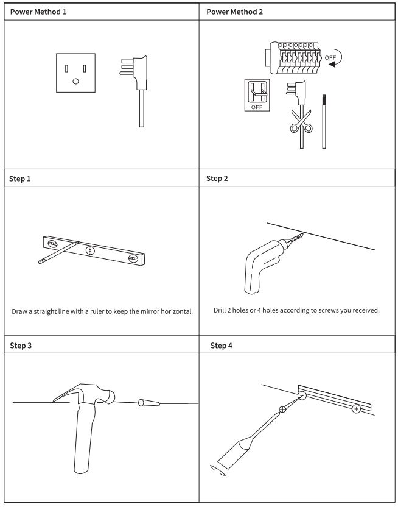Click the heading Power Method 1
click(38, 12)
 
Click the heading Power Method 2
click(234, 12)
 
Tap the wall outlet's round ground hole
click(75, 81)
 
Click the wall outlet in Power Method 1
click(75, 73)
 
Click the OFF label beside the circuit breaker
click(330, 57)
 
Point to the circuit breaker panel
click(293, 58)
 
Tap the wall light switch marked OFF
click(257, 95)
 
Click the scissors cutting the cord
click(301, 121)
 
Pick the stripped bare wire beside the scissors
click(324, 121)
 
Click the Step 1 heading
click(19, 179)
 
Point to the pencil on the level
click(58, 252)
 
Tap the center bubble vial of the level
click(91, 250)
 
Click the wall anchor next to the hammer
click(149, 403)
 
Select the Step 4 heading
click(221, 346)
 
